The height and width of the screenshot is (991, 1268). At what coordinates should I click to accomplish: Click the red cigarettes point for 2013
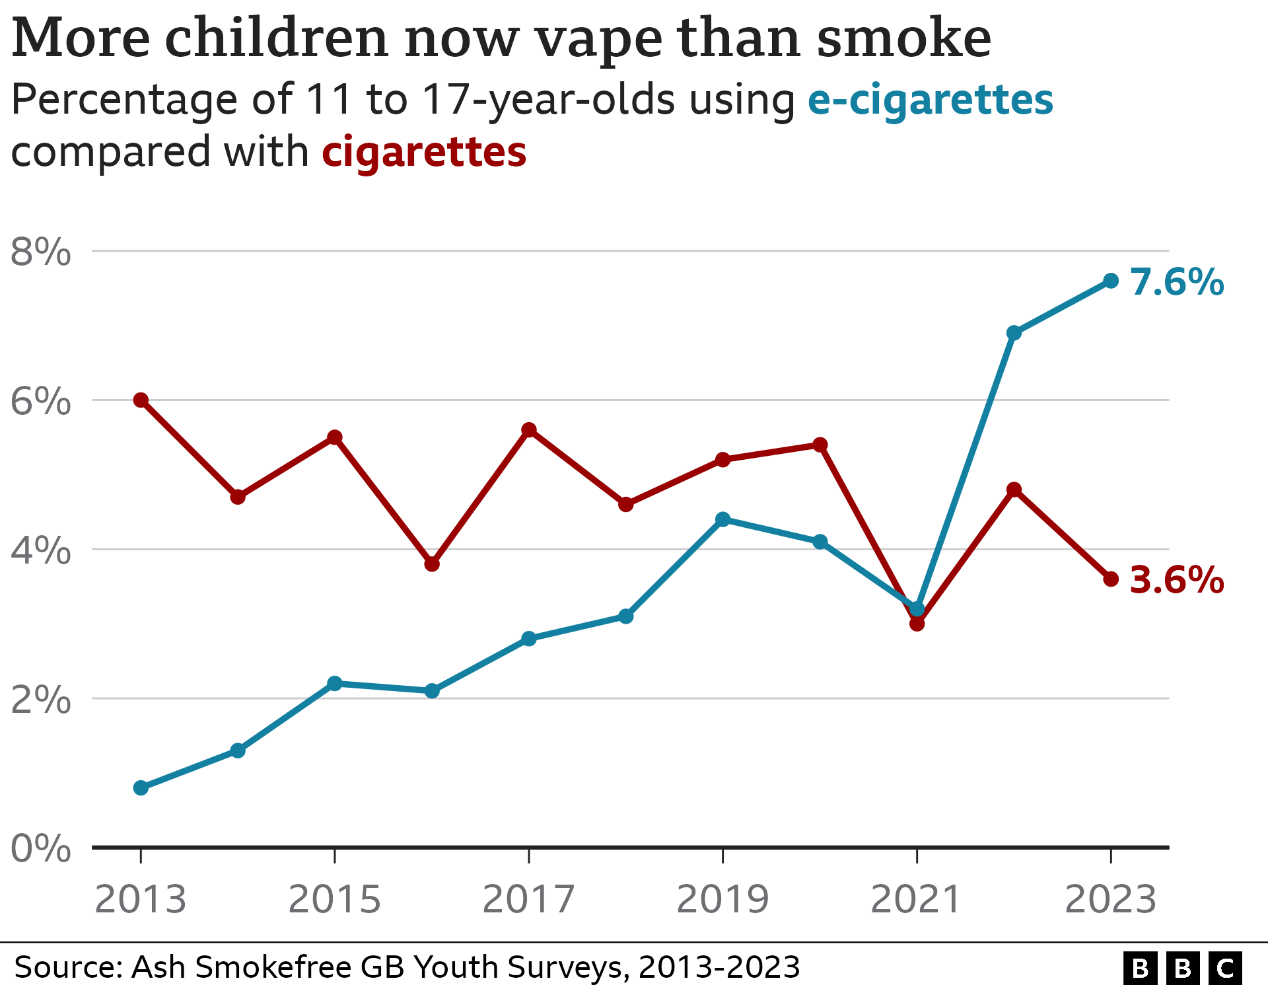tap(141, 400)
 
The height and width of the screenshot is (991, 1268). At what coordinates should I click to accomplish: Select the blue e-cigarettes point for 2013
tap(141, 788)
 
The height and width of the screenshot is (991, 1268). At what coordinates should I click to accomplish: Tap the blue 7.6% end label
tap(1177, 283)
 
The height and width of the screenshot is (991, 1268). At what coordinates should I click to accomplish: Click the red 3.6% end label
tap(1177, 580)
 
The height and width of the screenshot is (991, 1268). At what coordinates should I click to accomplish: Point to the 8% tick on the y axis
tap(41, 252)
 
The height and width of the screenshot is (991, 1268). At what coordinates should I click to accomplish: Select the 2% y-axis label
tap(41, 700)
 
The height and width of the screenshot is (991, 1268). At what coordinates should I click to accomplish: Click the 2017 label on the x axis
tap(528, 900)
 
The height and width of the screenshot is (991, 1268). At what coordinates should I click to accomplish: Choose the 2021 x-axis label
tap(916, 900)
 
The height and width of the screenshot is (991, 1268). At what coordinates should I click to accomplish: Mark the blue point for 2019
tap(723, 519)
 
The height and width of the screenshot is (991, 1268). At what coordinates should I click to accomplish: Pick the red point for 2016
tap(432, 564)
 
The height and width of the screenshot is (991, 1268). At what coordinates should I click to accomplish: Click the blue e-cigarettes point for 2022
tap(1014, 333)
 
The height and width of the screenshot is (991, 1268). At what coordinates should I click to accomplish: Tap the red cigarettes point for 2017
tap(529, 430)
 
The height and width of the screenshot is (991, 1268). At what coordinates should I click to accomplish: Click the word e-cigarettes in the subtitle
tap(930, 100)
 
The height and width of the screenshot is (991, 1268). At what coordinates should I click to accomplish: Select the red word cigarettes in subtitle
tap(424, 152)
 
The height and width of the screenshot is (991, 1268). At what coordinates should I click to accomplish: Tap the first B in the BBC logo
tap(1140, 969)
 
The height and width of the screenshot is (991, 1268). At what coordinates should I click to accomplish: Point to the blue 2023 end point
tap(1111, 281)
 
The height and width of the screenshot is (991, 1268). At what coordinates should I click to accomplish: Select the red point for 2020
tap(820, 445)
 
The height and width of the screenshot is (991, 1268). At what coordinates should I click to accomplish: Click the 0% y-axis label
tap(41, 849)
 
